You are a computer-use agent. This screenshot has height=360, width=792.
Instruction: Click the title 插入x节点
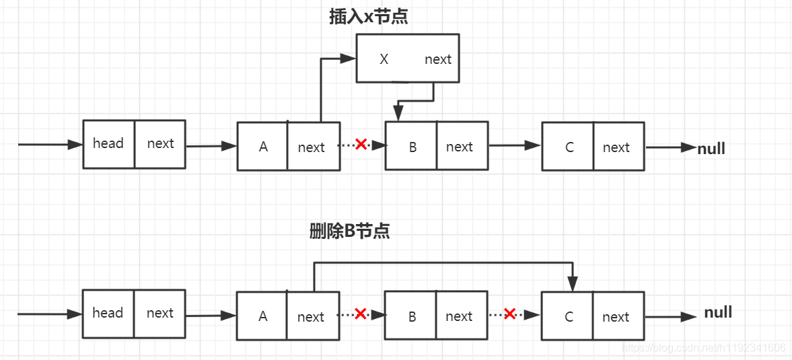pos(368,17)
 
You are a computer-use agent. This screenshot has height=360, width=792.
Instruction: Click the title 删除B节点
pos(349,231)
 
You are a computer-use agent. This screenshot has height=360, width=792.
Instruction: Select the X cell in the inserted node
pos(384,59)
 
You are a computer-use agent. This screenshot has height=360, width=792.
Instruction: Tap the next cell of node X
pos(438,59)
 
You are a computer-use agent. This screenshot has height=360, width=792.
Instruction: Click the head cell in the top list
pos(108,143)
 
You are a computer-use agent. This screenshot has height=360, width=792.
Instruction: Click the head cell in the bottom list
pos(108,313)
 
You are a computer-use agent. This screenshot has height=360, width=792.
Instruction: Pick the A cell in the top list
pos(263,147)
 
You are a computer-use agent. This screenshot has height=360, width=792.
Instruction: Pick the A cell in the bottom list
pos(262,316)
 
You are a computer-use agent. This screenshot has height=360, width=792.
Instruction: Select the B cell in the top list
pos(412,147)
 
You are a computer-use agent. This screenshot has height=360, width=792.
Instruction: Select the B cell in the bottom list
pos(412,316)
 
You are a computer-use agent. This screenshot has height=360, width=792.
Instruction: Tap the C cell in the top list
pos(569,147)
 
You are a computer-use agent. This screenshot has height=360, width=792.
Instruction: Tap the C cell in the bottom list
pos(569,316)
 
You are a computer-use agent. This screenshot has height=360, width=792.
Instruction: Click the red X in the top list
pos(361,144)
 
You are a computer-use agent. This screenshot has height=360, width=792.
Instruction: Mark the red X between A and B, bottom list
pos(361,314)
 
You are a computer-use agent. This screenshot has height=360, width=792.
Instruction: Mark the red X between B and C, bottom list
pos(509,314)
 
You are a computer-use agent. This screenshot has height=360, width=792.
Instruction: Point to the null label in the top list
pos(711,149)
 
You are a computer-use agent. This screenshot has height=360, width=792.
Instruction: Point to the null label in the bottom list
pos(718,312)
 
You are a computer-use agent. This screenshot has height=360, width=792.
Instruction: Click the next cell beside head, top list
pos(160,143)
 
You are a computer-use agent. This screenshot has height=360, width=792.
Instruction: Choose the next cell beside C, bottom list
pos(616,316)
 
